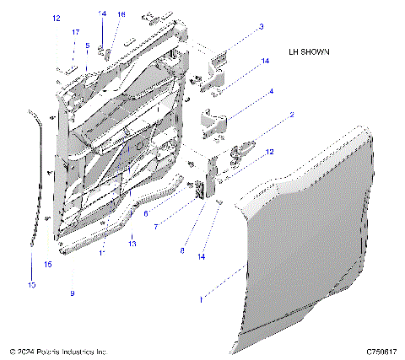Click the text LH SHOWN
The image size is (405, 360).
[x=308, y=51]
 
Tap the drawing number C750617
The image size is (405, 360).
[x=381, y=351]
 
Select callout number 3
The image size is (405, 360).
[x=261, y=27]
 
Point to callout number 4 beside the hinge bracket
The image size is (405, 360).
[x=271, y=91]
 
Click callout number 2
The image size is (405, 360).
[x=292, y=114]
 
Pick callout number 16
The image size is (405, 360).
[x=121, y=14]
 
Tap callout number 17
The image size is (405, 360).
[x=75, y=32]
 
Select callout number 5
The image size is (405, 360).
[x=86, y=46]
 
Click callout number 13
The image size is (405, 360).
[x=132, y=243]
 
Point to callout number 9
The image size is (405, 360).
[x=72, y=293]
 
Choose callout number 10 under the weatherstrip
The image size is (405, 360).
[x=32, y=286]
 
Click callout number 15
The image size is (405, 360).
[x=47, y=264]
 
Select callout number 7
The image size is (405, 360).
[x=154, y=228]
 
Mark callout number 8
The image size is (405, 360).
[x=182, y=250]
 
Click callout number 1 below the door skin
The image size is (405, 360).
[x=200, y=298]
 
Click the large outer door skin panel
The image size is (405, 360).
[x=312, y=236]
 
